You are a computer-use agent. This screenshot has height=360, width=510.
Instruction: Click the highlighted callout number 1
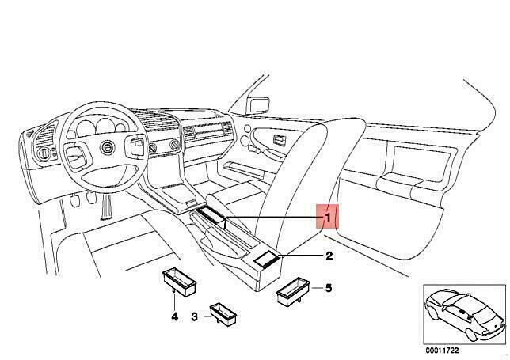pyautogui.click(x=328, y=217)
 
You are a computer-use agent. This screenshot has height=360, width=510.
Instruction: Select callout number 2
pyautogui.click(x=329, y=256)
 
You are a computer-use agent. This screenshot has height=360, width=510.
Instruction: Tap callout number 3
pyautogui.click(x=194, y=316)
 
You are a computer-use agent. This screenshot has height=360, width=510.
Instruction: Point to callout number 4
pyautogui.click(x=175, y=316)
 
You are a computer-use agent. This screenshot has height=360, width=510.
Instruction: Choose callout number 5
pyautogui.click(x=329, y=288)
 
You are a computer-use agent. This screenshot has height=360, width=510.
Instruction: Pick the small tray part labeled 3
pyautogui.click(x=223, y=314)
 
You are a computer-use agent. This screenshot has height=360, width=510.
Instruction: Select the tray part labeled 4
pyautogui.click(x=179, y=282)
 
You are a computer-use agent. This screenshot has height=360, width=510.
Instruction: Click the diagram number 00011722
pyautogui.click(x=442, y=351)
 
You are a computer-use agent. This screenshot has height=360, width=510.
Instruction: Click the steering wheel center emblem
pyautogui.click(x=107, y=148)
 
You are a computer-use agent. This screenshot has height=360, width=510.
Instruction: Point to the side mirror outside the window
pyautogui.click(x=259, y=105)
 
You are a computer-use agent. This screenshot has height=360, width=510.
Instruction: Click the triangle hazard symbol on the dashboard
pyautogui.click(x=29, y=133)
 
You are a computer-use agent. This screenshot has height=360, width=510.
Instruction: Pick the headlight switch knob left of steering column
pyautogui.click(x=43, y=153)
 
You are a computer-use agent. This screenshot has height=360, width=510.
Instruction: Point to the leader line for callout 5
pyautogui.click(x=317, y=288)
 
